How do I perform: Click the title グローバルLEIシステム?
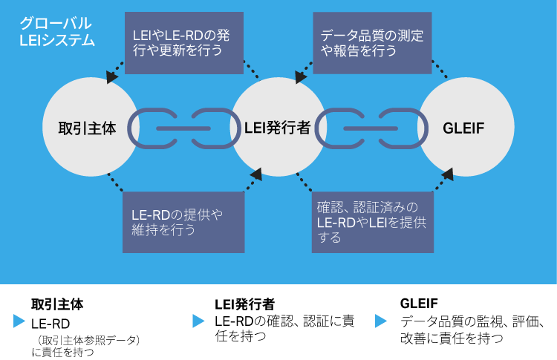pos(56,32)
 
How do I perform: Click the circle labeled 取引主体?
pos(88,128)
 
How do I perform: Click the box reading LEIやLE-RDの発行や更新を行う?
pos(184,42)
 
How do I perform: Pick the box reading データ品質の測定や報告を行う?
pos(371,42)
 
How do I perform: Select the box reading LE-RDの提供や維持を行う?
pos(184,222)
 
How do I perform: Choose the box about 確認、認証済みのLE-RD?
pos(371,222)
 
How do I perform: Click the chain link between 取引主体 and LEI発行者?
pos(183,128)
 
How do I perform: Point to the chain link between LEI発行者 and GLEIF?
pos(371,128)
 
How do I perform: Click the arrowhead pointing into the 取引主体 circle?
pos(112,76)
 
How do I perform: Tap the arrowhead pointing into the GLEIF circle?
pos(449,174)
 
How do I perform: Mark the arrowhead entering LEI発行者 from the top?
pos(300,76)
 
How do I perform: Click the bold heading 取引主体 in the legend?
pos(56,304)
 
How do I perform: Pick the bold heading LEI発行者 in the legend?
pos(244,304)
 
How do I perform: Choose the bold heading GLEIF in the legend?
pos(419,304)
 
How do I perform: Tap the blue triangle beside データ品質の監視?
pos(381,321)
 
